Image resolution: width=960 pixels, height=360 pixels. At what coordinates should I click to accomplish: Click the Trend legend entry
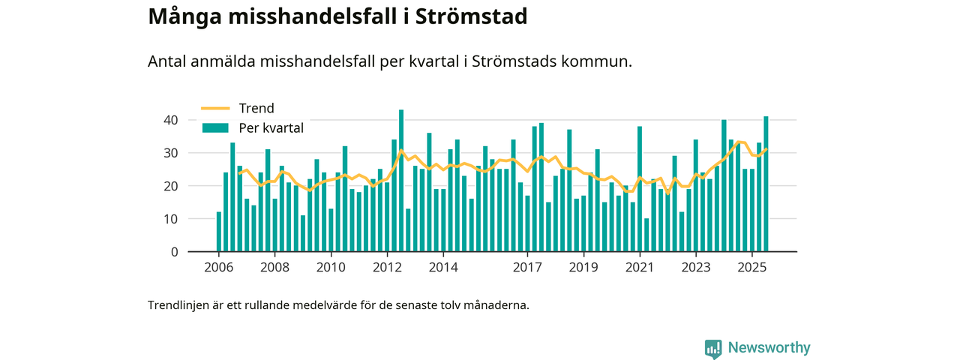(256, 108)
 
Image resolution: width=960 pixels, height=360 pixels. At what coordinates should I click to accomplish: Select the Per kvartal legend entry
(271, 128)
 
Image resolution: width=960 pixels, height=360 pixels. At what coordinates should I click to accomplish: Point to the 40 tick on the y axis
(170, 120)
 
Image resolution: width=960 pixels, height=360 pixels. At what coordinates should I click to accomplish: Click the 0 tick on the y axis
(174, 252)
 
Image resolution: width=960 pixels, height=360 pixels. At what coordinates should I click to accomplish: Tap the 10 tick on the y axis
(170, 219)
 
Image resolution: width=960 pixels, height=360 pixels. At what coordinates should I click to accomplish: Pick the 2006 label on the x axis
(218, 267)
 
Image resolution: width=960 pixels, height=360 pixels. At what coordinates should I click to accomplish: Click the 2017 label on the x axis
(528, 267)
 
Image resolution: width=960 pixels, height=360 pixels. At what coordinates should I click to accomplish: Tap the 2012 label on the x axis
(387, 267)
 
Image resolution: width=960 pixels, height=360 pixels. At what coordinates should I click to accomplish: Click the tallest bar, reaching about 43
(401, 181)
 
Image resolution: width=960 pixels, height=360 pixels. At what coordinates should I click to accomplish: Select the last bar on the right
(766, 184)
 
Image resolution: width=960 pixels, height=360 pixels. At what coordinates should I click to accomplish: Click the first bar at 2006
(219, 232)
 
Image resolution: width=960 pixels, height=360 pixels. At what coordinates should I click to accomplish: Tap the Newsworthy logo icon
(713, 349)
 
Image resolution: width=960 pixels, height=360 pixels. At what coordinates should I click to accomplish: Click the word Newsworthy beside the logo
(768, 348)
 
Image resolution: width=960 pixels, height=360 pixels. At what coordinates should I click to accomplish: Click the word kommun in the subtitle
(601, 61)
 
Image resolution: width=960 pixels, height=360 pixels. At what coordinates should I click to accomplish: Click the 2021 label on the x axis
(640, 267)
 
